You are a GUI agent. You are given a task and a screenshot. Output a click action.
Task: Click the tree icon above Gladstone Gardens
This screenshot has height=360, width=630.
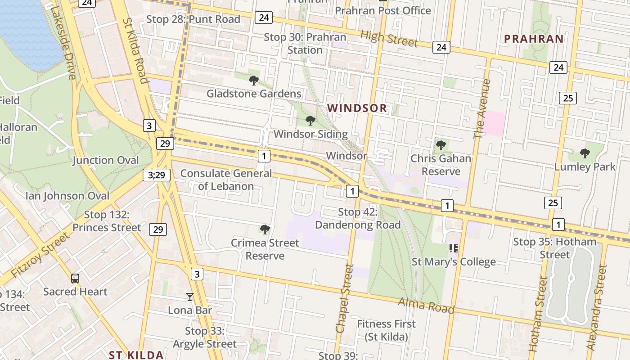[254, 81]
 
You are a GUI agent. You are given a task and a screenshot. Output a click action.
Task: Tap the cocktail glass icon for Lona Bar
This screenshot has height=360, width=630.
[190, 297]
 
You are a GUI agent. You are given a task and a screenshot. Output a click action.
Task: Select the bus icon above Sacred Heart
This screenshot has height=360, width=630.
[75, 279]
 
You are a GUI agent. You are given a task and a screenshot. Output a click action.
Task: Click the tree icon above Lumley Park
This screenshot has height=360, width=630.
[585, 153]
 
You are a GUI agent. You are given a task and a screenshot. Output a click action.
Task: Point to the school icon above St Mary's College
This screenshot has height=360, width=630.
[454, 248]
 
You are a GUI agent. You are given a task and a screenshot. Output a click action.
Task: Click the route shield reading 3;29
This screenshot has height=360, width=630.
[157, 175]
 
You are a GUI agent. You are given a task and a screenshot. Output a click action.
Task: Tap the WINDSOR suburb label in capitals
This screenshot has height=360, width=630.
[357, 108]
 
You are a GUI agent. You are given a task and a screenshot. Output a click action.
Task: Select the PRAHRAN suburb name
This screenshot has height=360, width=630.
[534, 39]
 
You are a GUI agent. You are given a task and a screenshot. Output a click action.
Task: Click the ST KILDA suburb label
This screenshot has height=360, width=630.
[136, 355]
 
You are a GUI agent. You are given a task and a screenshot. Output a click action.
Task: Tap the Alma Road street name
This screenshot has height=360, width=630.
[426, 305]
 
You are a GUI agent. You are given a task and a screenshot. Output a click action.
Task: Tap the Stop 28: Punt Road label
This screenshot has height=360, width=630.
[193, 19]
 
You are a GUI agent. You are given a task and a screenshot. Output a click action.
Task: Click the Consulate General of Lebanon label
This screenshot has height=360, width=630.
[226, 180]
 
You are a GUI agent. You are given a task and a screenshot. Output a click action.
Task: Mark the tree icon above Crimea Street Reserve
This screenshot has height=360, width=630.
[265, 229]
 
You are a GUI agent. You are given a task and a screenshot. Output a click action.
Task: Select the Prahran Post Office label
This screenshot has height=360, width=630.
[383, 10]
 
